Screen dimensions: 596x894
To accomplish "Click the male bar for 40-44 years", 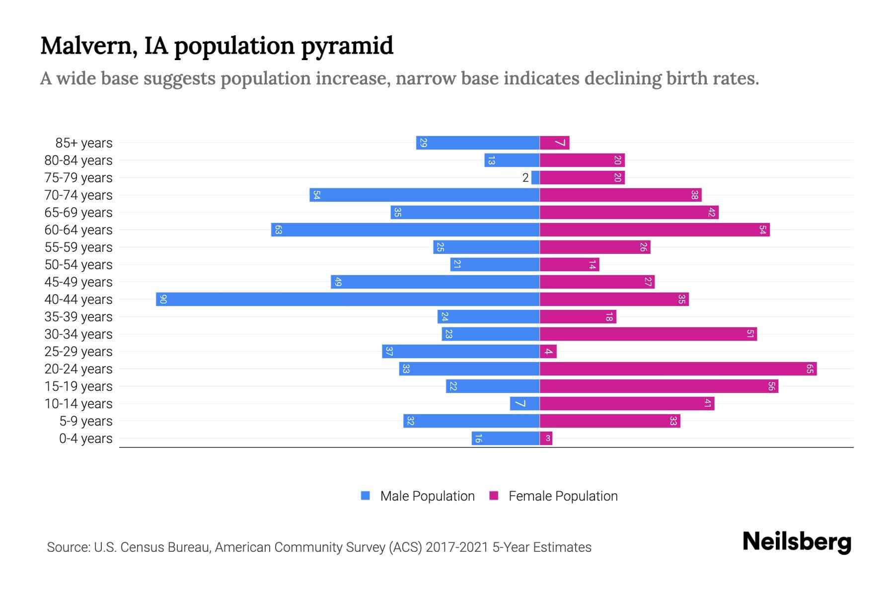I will tap(348, 299).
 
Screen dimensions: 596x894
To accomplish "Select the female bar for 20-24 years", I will tap(678, 369).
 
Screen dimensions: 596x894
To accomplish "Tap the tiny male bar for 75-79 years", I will tap(535, 177).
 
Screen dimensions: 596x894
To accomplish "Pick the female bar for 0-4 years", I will tap(546, 438).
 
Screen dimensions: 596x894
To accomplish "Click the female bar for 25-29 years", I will tap(548, 351).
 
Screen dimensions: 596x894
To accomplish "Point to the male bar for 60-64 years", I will tap(405, 229).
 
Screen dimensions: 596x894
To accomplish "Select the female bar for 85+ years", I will tap(554, 143).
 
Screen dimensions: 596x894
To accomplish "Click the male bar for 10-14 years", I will tap(524, 403).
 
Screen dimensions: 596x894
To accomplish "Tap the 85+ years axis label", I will tap(83, 143).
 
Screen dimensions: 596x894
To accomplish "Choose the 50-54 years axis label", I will tap(78, 265).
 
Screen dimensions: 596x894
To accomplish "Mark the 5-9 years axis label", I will tap(85, 421).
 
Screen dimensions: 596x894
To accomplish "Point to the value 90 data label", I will tap(163, 299).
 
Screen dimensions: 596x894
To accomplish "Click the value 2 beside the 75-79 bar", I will tap(525, 178).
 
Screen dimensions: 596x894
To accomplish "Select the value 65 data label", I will tap(810, 369).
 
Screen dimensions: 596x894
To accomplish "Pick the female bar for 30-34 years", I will tap(648, 334).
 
